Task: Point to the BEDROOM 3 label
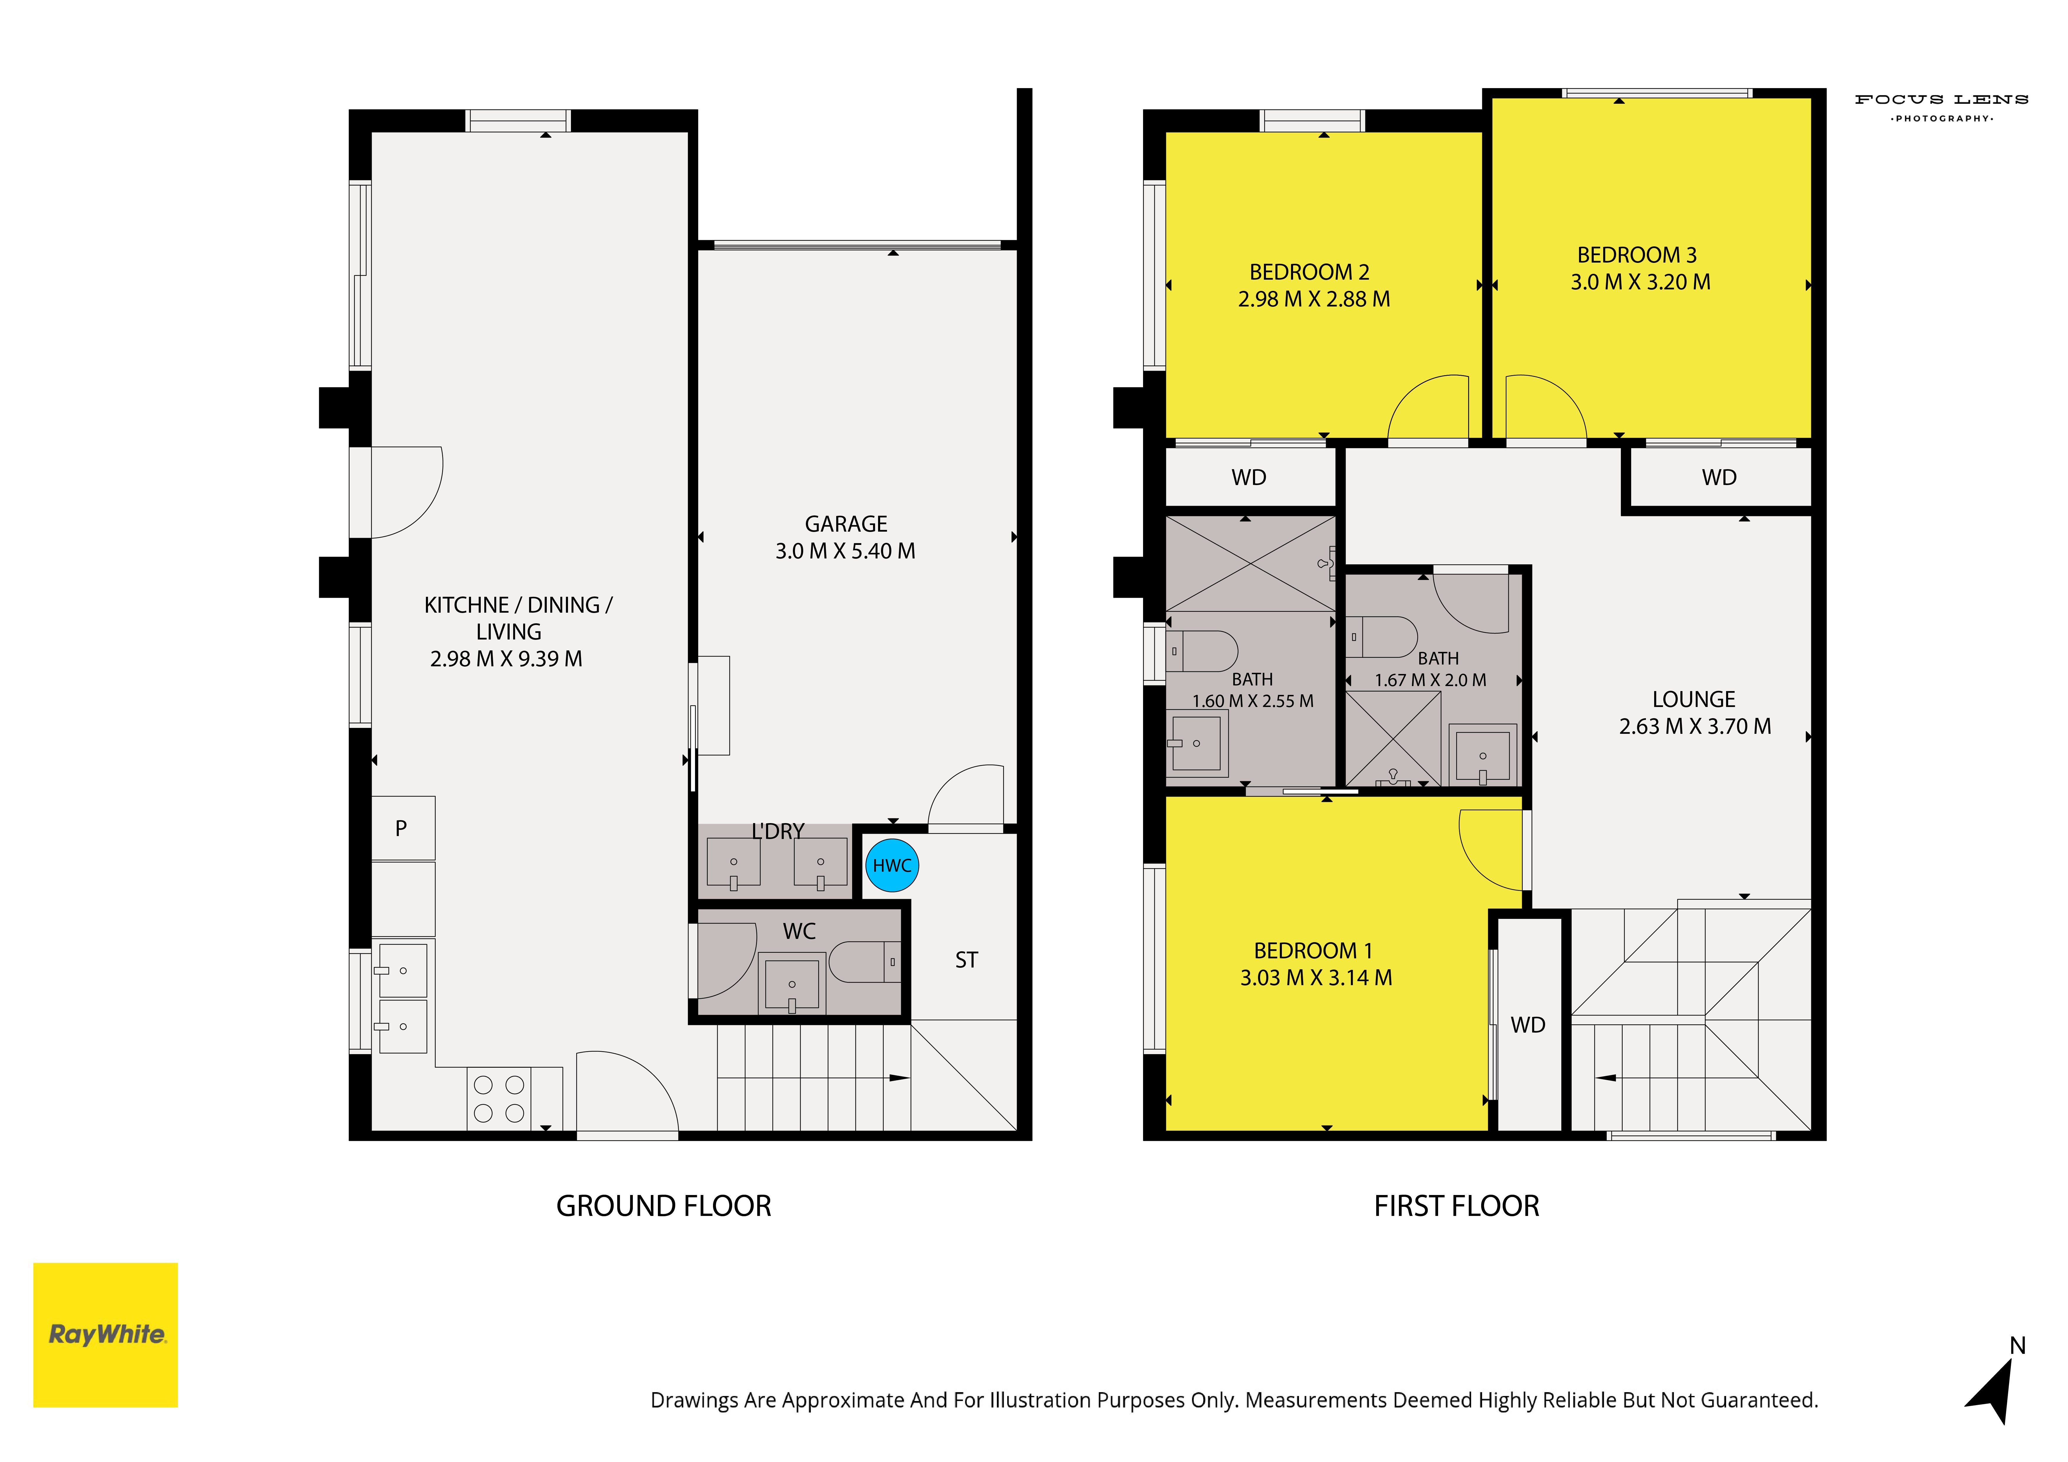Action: (1636, 255)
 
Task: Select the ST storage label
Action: (967, 960)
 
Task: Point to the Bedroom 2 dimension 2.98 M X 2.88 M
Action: (1314, 299)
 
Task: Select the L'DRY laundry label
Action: (778, 830)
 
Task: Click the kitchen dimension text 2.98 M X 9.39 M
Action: (506, 658)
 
